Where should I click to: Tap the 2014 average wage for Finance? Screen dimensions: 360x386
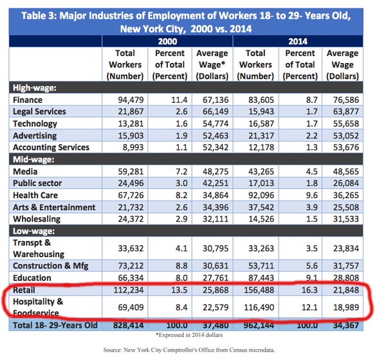(352, 100)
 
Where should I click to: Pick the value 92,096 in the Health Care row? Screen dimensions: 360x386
(256, 195)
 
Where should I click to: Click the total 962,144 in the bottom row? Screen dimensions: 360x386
(256, 327)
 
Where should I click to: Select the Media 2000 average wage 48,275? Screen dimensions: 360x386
(212, 172)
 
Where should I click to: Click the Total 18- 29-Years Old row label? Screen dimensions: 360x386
(54, 327)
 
